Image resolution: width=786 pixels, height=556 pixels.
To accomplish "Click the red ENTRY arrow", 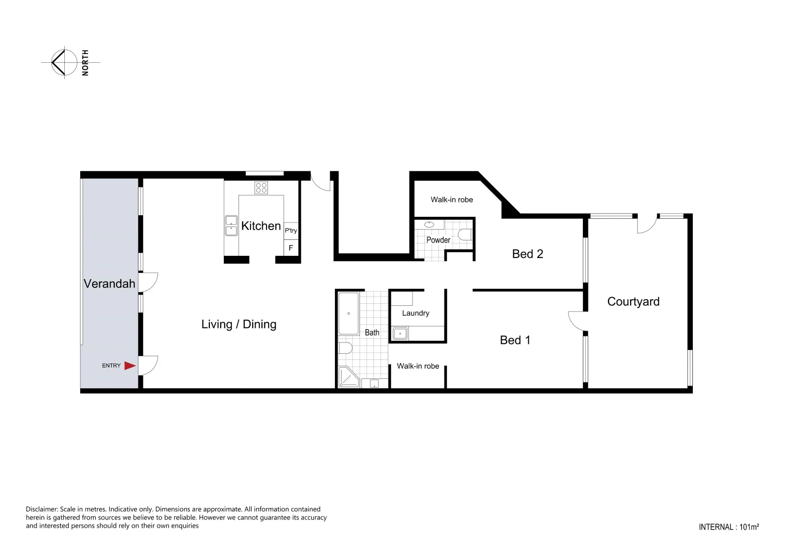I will (x=130, y=366).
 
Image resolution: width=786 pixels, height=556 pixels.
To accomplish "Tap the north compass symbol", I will (x=64, y=62).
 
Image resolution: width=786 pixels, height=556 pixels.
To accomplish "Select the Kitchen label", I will (x=261, y=226).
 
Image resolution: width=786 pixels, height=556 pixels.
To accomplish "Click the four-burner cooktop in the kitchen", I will (x=261, y=188).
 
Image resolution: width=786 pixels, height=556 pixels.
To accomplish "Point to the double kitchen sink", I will (x=231, y=225).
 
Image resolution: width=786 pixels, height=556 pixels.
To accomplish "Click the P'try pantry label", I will (x=291, y=230).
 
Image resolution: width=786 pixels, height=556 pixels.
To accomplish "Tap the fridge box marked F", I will (x=291, y=248).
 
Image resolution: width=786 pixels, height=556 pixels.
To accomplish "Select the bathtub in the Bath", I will (x=348, y=313).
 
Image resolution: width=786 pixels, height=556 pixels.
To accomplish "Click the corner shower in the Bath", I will (x=348, y=377).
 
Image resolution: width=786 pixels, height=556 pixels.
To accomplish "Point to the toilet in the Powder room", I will (x=465, y=235).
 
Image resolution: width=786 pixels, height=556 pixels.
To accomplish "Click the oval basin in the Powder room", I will (x=429, y=224).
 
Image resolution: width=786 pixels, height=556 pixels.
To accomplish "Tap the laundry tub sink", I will (x=400, y=334).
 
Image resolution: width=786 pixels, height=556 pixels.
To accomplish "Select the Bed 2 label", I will (x=527, y=254).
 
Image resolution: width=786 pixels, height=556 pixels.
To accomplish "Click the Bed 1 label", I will (x=515, y=340).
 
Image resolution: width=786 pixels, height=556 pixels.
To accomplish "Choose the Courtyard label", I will (x=633, y=302).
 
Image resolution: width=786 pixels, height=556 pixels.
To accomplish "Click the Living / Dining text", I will (x=239, y=324).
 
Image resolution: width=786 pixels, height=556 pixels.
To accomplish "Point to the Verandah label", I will (x=109, y=284).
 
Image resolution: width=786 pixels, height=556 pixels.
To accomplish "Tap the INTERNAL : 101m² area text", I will (x=728, y=527).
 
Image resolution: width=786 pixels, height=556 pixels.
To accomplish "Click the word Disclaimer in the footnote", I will (x=42, y=509).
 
